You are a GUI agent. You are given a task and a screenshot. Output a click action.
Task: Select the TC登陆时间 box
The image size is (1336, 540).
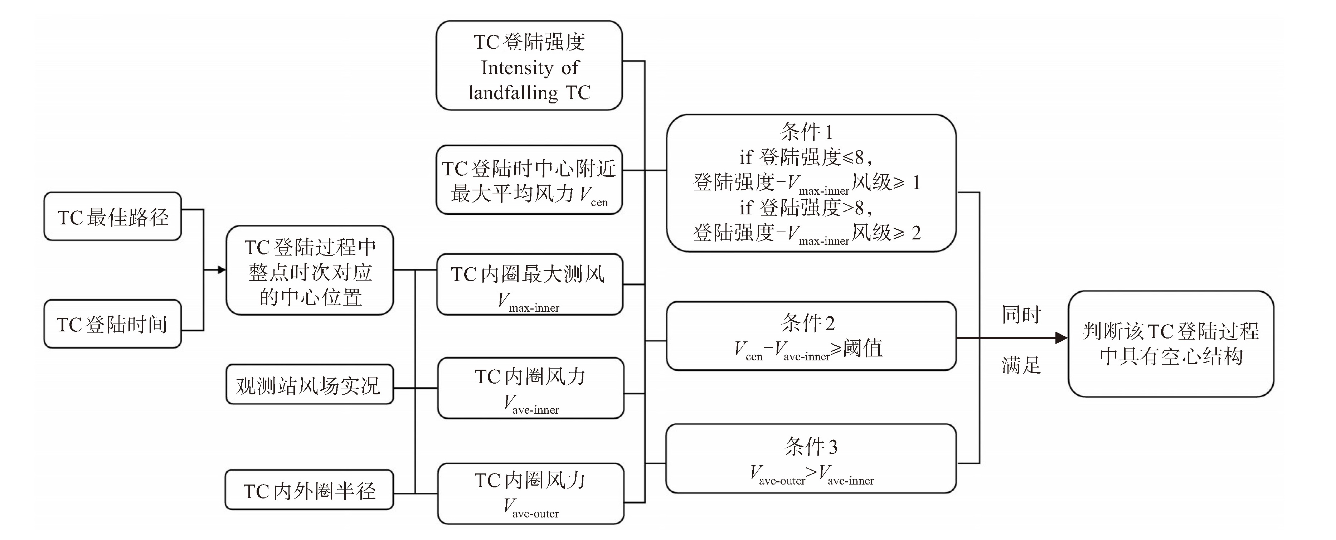(112, 324)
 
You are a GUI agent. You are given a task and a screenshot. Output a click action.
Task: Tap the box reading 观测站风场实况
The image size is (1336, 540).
(309, 385)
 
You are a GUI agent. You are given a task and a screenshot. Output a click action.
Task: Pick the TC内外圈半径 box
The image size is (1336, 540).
(309, 490)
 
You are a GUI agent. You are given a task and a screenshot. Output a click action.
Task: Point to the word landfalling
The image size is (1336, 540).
(513, 93)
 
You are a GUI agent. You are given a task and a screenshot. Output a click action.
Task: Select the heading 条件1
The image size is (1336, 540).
(806, 132)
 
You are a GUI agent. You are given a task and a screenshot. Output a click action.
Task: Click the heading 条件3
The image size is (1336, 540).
(810, 446)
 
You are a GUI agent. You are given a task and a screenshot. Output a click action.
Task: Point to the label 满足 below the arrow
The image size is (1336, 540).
(1021, 365)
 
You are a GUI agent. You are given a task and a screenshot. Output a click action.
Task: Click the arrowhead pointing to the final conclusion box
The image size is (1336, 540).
(1061, 338)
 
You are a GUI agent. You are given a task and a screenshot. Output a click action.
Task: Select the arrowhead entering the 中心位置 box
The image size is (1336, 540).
(222, 270)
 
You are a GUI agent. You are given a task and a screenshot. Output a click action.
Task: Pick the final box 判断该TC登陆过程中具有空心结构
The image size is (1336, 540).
(1171, 344)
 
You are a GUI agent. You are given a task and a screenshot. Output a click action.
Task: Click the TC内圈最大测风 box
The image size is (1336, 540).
(529, 284)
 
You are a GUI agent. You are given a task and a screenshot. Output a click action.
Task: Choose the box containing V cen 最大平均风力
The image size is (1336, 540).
(529, 180)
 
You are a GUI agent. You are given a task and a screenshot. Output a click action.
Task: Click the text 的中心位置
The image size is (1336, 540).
(310, 297)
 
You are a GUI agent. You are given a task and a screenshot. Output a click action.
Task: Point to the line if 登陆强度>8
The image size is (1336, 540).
(806, 208)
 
